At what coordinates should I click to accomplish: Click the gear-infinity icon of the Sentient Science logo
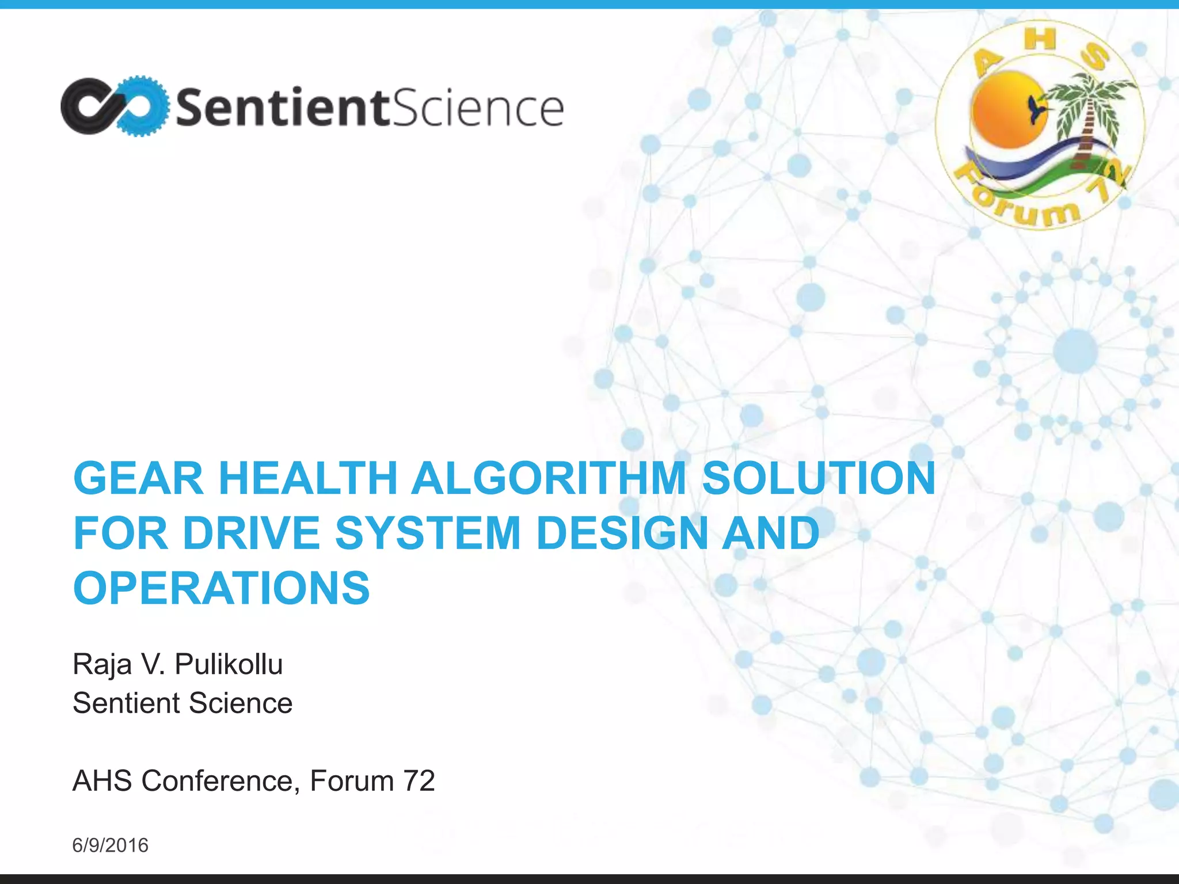tap(115, 106)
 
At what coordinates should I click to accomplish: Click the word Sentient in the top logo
tap(282, 108)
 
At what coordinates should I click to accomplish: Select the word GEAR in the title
tap(138, 478)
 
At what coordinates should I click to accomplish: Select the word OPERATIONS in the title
tap(222, 588)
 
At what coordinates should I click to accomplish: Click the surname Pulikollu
tap(229, 664)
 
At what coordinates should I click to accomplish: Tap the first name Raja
tap(102, 665)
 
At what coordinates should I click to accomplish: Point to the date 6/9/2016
tap(110, 845)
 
